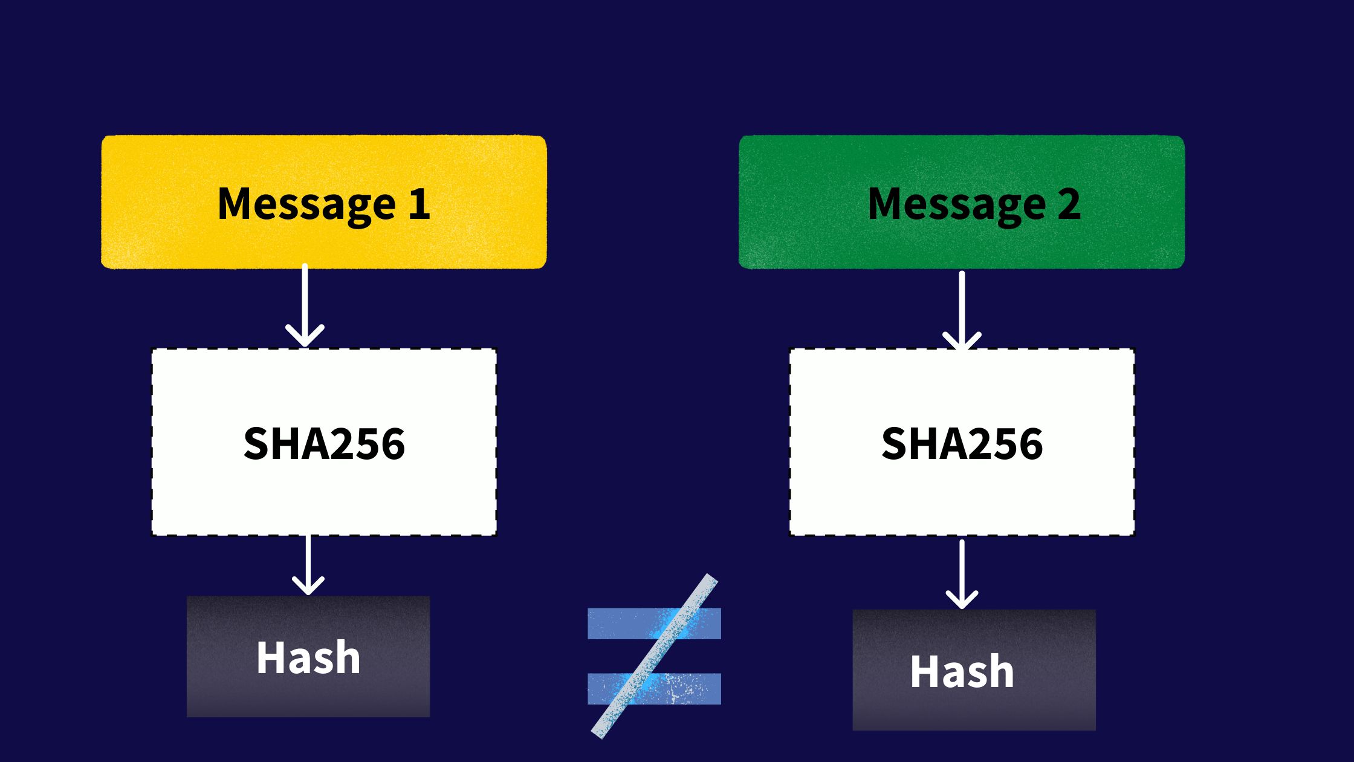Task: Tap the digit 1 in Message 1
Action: [x=419, y=204]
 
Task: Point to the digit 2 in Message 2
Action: [x=1069, y=204]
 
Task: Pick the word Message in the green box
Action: [x=957, y=204]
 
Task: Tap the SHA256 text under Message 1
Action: [x=324, y=443]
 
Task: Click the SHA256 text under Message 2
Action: [x=962, y=443]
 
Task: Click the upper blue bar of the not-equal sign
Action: [x=611, y=624]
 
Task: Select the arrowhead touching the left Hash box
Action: [x=308, y=587]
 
